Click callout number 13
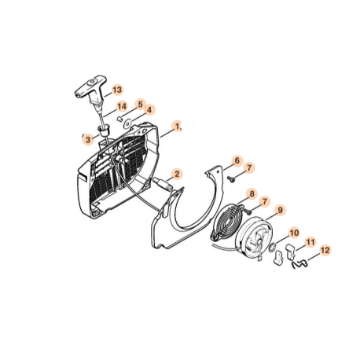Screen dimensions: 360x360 tap(117, 90)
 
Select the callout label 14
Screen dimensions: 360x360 tap(122, 106)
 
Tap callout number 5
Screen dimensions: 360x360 tap(140, 103)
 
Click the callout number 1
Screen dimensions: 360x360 tap(178, 125)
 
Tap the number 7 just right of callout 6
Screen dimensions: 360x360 tap(249, 167)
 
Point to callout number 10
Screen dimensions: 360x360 tap(294, 233)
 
